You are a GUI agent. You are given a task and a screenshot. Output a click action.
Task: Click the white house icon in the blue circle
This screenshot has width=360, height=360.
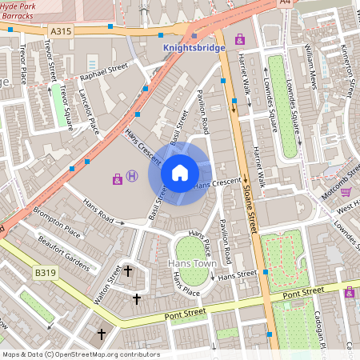pyautogui.click(x=180, y=172)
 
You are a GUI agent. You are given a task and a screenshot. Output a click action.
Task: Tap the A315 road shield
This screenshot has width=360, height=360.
pyautogui.click(x=61, y=30)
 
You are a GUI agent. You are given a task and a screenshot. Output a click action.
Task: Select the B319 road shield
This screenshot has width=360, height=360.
pyautogui.click(x=44, y=274)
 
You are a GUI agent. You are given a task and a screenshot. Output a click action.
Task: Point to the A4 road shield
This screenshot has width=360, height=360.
pyautogui.click(x=286, y=3)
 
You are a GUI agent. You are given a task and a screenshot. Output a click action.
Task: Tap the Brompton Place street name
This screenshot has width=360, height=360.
pyautogui.click(x=57, y=222)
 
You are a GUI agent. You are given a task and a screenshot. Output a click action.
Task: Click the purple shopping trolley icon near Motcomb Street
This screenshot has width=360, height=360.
pyautogui.click(x=346, y=191)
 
